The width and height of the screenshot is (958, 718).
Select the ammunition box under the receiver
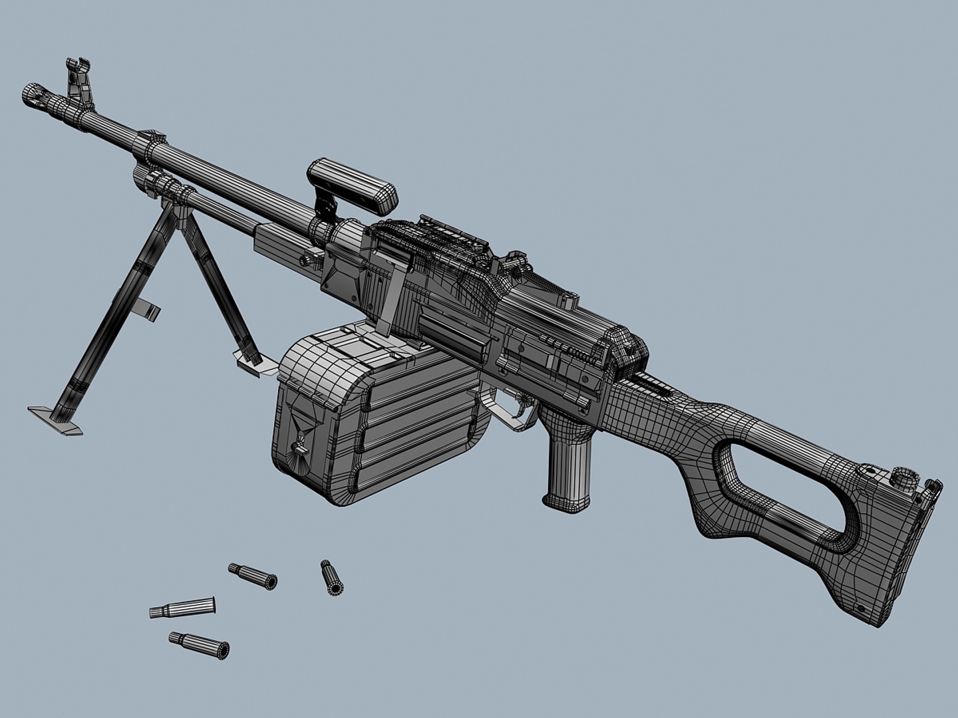coord(373,412)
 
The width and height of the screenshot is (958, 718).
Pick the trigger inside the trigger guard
coord(522,403)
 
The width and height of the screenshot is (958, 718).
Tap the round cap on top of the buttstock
coord(903,476)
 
